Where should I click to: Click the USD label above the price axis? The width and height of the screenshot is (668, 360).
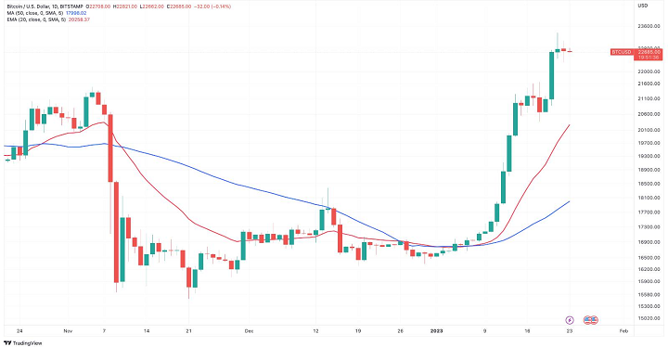[642, 6]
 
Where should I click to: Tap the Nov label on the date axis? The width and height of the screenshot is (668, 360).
[68, 331]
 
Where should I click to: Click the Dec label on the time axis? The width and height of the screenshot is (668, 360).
[249, 331]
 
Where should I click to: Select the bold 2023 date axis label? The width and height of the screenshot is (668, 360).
[437, 331]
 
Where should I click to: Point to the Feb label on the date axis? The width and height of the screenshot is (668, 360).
[623, 331]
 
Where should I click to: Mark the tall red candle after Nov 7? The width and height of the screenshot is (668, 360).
[111, 148]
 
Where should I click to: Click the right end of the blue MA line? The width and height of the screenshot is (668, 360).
[569, 201]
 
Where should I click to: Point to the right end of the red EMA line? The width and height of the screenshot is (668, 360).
[569, 124]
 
